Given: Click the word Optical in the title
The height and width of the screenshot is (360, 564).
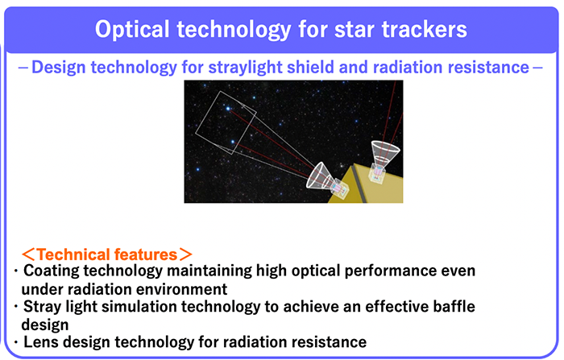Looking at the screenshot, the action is [x=132, y=30].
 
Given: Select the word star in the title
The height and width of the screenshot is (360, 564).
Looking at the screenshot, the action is [x=355, y=30].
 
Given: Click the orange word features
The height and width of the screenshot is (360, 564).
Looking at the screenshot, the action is [x=146, y=254].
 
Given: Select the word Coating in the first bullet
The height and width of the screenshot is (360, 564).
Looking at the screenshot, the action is [x=52, y=271].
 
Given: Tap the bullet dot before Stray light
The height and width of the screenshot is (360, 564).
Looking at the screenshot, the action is [x=16, y=306].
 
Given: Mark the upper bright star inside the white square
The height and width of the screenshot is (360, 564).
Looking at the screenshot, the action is [x=228, y=108].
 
